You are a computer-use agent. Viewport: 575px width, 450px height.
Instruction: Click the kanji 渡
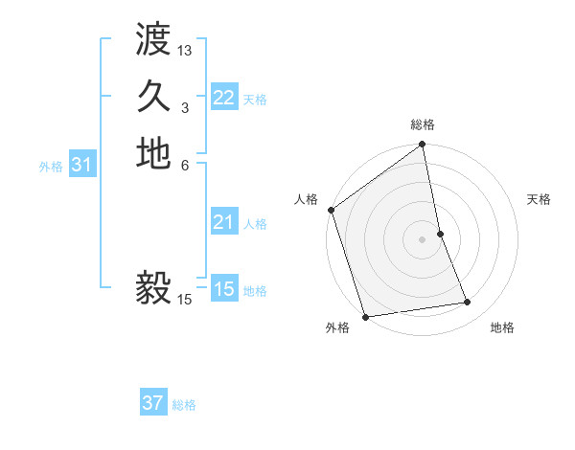153,41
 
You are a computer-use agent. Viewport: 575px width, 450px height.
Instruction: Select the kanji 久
153,97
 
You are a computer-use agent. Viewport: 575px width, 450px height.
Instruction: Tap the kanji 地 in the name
153,154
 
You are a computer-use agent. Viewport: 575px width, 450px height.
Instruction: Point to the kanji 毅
153,288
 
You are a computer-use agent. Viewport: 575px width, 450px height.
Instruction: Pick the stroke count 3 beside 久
185,107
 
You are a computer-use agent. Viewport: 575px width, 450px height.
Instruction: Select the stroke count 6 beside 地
185,165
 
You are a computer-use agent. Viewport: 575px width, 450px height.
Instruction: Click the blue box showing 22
224,98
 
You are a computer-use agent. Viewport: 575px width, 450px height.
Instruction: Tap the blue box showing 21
224,223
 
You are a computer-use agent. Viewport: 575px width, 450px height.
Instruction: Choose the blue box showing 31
82,166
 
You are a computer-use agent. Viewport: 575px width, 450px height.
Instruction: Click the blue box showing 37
153,404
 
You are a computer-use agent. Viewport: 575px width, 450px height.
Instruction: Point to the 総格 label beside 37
184,405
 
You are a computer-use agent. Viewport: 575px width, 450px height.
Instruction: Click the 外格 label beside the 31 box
51,167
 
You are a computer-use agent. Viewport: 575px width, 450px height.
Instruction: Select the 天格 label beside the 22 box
255,99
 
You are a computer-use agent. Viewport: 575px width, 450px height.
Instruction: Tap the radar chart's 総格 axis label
423,124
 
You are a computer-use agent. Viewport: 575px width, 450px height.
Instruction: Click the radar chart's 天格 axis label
540,199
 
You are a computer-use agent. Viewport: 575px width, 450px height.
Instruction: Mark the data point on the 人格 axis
332,210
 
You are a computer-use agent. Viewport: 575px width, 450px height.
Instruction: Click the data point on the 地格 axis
468,303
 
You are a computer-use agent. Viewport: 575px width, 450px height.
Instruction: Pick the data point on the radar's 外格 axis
366,317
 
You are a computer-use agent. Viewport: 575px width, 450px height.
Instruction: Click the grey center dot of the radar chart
422,239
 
